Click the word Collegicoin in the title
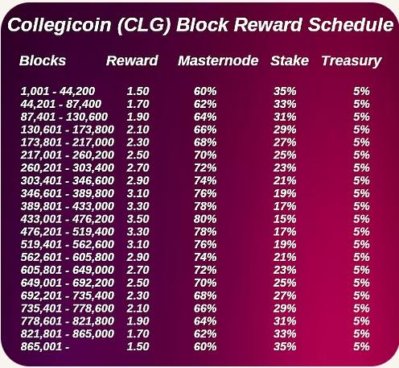point(60,25)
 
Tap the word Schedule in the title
point(351,24)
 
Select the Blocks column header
point(43,60)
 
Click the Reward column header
point(132,60)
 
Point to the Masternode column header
point(218,60)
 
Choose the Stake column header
point(290,60)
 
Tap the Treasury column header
point(352,61)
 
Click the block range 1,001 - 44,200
point(58,91)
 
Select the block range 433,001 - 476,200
point(68,219)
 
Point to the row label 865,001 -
point(45,346)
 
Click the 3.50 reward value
point(138,219)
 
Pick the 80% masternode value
point(205,219)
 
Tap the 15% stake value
point(285,219)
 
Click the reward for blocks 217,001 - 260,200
point(138,155)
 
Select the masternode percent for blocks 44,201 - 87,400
point(205,104)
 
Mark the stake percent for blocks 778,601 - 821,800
point(285,320)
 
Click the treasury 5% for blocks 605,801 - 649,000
point(361,270)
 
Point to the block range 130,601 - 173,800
point(68,130)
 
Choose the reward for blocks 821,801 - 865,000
point(138,333)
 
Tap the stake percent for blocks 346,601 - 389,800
point(285,193)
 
